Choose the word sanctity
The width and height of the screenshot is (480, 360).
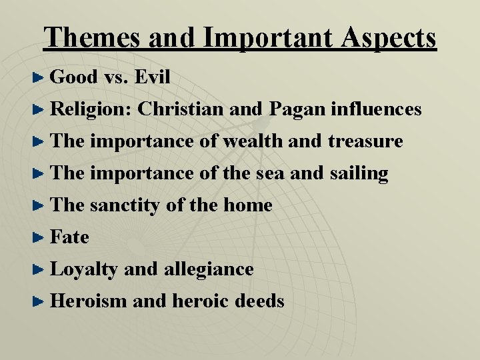tap(125, 205)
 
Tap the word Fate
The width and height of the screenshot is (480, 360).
tap(69, 237)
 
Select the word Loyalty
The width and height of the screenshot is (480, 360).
tap(84, 269)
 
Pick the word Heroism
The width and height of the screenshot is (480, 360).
tap(88, 301)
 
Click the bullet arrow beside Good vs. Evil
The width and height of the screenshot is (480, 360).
tap(40, 78)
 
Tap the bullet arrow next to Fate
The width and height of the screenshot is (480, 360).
tap(40, 238)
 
